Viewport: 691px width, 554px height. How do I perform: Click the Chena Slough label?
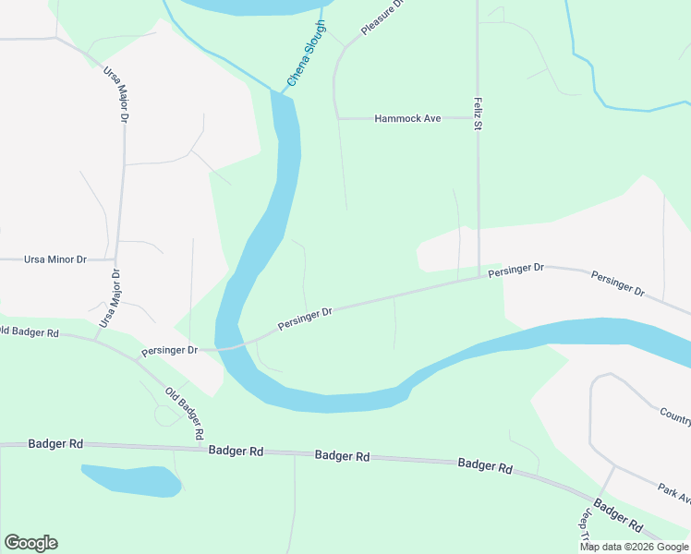[x=307, y=54]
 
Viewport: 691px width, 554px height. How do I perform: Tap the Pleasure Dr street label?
[x=383, y=18]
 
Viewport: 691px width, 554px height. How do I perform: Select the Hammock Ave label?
[x=407, y=118]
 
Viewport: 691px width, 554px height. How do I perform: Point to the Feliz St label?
[x=478, y=113]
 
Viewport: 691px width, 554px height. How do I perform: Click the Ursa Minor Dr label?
[x=42, y=260]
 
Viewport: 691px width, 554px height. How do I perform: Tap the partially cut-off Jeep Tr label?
[x=585, y=524]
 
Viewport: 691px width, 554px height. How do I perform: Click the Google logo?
[x=30, y=543]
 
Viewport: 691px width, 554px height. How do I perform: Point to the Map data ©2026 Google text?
[x=635, y=547]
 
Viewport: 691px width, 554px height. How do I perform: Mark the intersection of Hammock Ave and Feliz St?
[x=478, y=118]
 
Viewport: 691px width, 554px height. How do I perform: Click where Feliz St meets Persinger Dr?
[x=479, y=275]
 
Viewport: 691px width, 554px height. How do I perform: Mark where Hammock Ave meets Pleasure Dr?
[x=338, y=118]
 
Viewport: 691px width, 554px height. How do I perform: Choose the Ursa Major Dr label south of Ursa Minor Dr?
[x=109, y=299]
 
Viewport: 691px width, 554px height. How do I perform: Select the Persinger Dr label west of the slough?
[x=170, y=351]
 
